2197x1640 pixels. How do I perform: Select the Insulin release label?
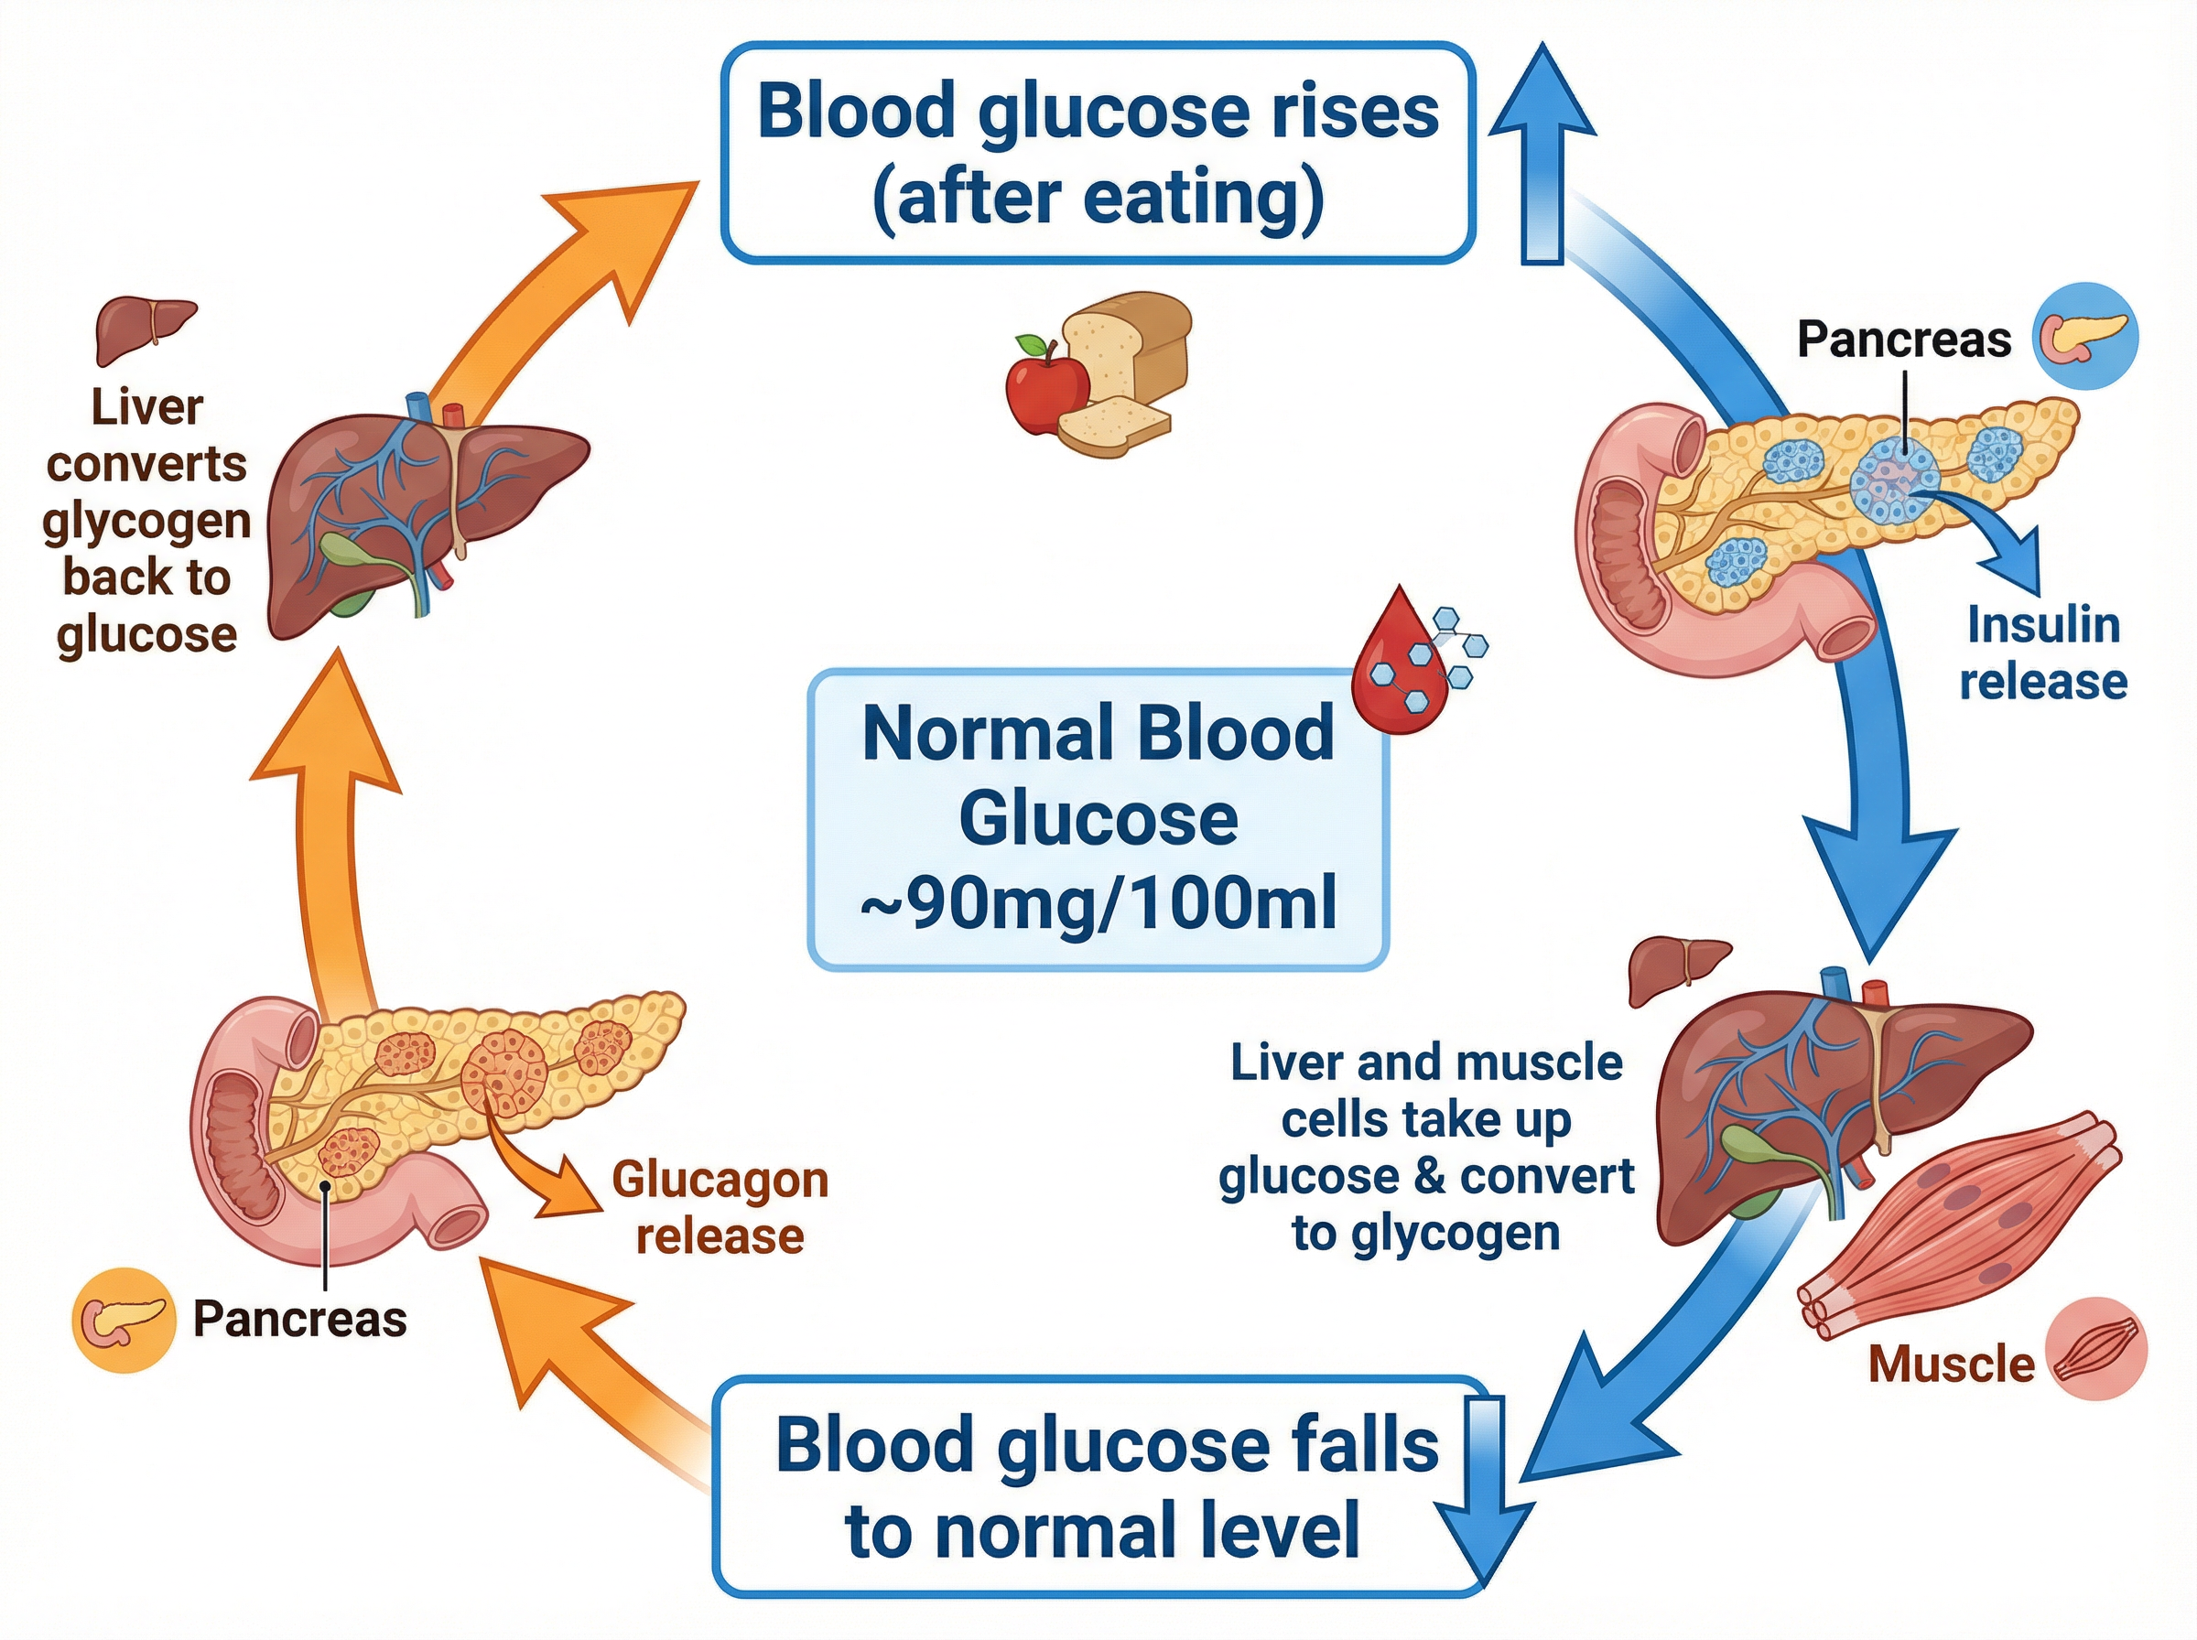[x=2042, y=654]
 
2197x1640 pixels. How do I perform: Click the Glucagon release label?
[x=720, y=1208]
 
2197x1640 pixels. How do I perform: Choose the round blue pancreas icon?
[x=2084, y=336]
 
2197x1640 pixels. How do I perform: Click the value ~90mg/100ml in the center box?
[x=1097, y=902]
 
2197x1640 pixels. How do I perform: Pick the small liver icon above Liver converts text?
[x=144, y=328]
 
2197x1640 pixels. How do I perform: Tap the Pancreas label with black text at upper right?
[x=1903, y=340]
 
